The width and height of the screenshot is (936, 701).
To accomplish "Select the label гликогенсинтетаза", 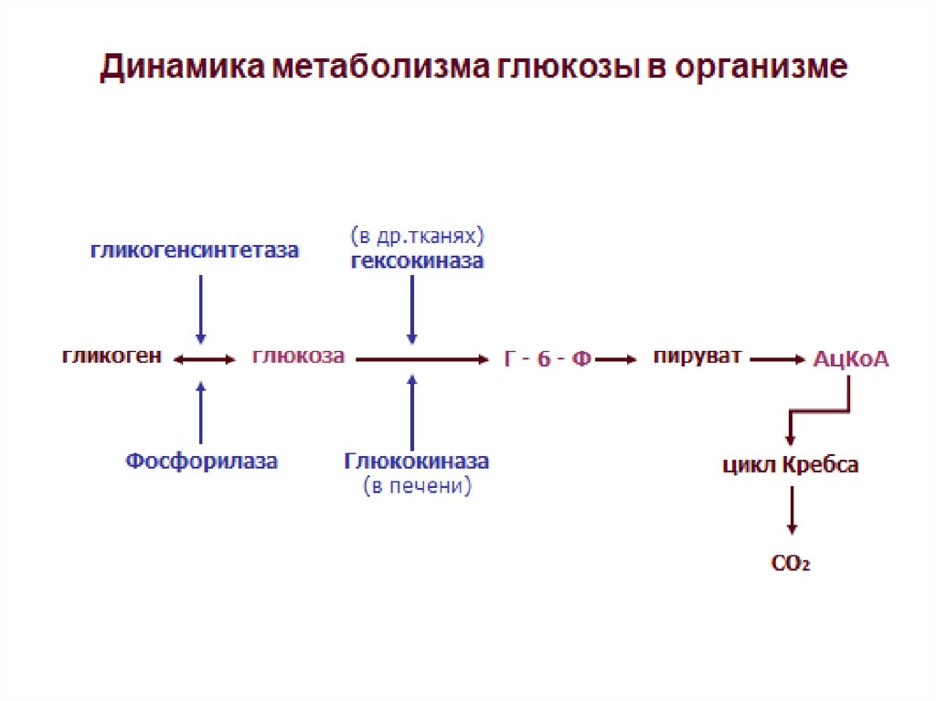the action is click(x=194, y=250).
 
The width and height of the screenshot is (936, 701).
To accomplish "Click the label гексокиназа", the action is click(x=417, y=261).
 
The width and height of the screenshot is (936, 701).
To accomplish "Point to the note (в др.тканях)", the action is click(x=417, y=236).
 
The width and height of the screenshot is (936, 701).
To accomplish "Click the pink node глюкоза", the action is click(x=298, y=356).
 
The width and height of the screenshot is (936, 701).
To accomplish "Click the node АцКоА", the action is click(x=851, y=359).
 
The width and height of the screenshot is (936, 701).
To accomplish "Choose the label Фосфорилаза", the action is click(x=201, y=462).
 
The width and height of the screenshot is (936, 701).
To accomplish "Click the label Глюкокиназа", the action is click(x=417, y=462).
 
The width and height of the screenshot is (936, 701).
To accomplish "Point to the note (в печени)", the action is click(x=417, y=486).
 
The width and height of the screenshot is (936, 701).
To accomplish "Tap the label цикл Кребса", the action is click(x=791, y=465).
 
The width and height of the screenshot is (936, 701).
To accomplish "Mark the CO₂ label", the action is click(x=792, y=564).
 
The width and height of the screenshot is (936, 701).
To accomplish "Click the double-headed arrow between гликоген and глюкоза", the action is click(x=205, y=360).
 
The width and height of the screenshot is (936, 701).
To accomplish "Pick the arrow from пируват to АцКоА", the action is click(x=778, y=360).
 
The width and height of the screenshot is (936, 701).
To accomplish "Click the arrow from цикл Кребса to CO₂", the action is click(x=792, y=511).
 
